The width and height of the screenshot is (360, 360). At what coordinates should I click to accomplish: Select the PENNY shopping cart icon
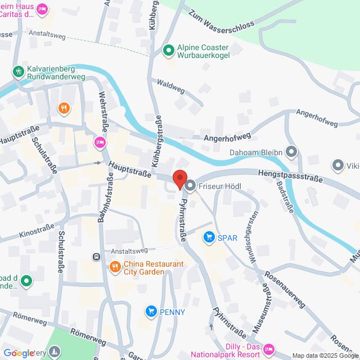(x=150, y=311)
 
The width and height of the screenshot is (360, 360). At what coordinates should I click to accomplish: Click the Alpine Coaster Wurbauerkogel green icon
(x=168, y=51)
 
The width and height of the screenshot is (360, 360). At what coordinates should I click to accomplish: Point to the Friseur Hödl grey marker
(x=190, y=185)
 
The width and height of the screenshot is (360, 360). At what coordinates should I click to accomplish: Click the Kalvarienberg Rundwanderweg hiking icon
(x=19, y=71)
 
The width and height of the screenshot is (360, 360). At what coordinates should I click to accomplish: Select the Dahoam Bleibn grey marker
(x=291, y=151)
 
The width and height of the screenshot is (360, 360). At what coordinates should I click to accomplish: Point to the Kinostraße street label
(x=37, y=231)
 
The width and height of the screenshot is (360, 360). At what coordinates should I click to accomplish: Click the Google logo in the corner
(x=19, y=353)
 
